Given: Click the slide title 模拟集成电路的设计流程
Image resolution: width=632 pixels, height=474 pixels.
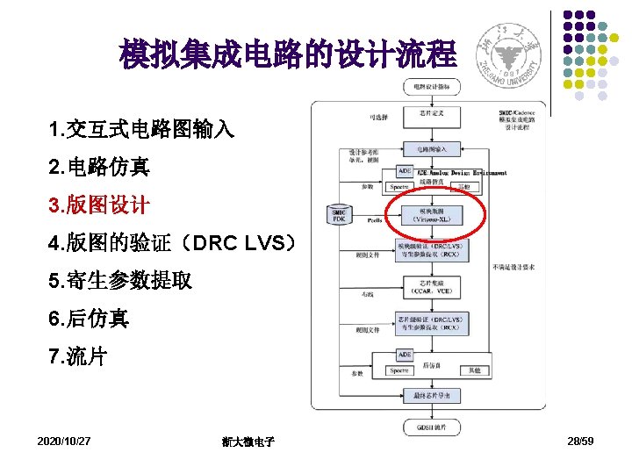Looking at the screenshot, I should [289, 54].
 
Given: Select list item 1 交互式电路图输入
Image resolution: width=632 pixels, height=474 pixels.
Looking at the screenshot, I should [142, 130].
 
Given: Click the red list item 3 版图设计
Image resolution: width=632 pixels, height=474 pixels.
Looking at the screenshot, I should [99, 205].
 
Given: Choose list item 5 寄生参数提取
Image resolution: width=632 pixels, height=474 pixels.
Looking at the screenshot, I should [121, 282].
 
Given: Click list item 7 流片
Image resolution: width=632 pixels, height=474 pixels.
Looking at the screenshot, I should [79, 357].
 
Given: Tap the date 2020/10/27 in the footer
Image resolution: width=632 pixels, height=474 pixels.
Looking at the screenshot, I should [64, 440].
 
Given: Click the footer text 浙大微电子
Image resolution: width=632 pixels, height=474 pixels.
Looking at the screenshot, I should [248, 441].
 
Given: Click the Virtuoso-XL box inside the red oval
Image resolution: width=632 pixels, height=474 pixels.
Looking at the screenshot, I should [430, 215].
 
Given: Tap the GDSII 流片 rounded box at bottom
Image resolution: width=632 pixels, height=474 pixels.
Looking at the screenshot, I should [430, 427].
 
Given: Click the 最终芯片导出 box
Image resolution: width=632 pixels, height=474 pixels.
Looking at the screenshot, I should [430, 396].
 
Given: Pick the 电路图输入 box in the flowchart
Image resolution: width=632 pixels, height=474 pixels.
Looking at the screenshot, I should [430, 148].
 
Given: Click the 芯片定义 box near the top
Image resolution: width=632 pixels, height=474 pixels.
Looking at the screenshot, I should [430, 113].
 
